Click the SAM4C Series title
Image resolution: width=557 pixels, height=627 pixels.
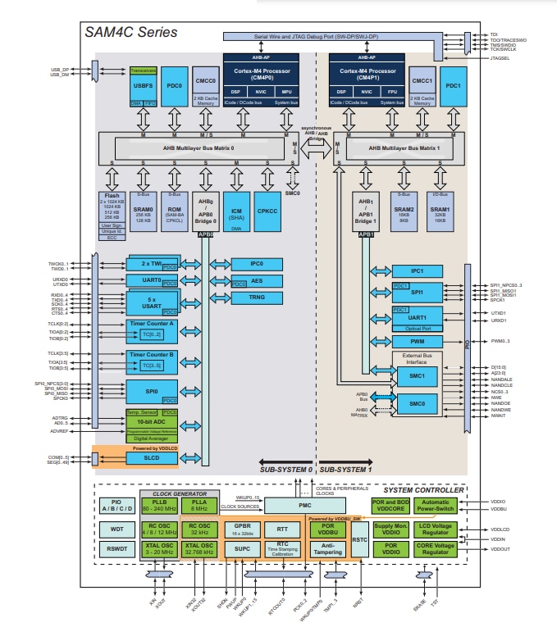point(131,32)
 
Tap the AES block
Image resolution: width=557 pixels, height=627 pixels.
point(256,281)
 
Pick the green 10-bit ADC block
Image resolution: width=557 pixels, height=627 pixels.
point(152,421)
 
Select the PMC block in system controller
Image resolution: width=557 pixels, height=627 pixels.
point(305,505)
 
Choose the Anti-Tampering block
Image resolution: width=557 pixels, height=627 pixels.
point(328,549)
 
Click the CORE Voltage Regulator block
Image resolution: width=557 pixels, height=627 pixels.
point(441,549)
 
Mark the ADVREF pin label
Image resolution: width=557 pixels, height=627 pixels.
point(59,431)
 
